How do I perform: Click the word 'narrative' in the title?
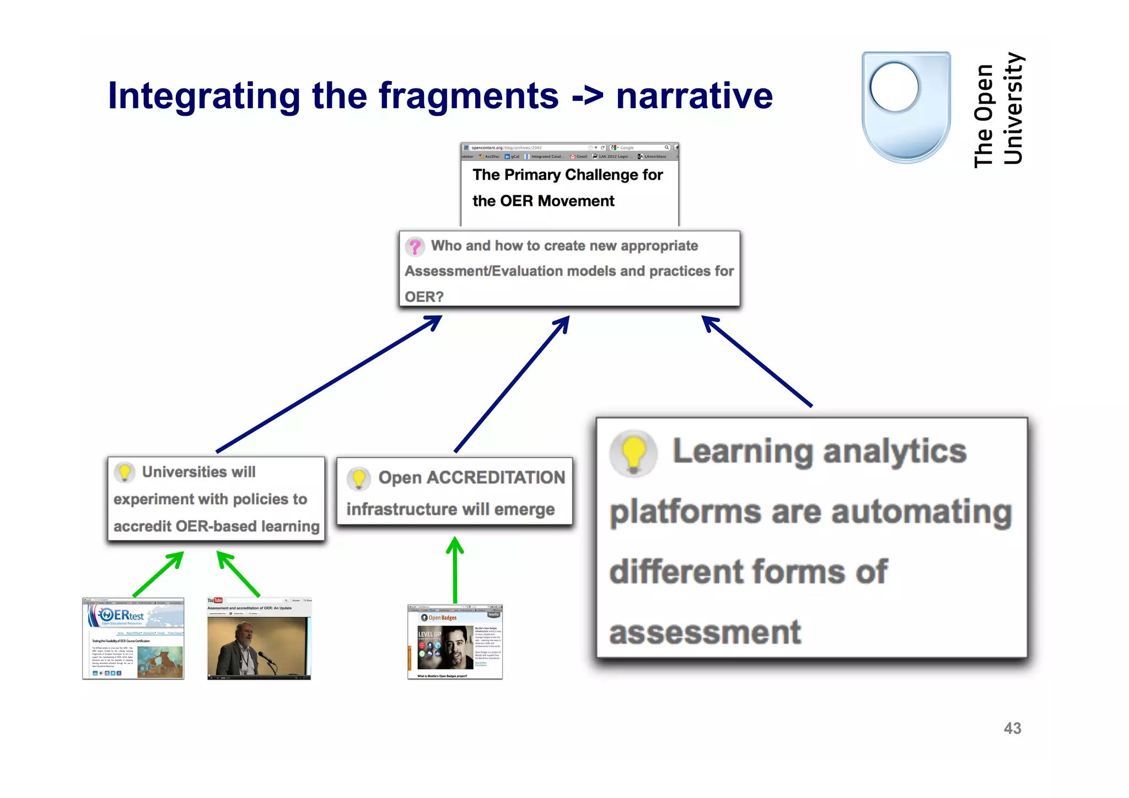point(694,96)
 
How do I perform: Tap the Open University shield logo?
point(906,107)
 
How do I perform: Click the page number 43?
point(1012,729)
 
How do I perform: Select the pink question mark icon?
point(415,247)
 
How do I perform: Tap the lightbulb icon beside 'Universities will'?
point(125,473)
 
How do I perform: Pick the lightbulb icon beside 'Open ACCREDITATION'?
point(359,478)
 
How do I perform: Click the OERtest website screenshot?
point(133,638)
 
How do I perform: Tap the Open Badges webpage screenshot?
point(455,642)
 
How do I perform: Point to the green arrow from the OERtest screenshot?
point(158,574)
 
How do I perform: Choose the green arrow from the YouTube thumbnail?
point(238,574)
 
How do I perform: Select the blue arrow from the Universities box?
point(329,384)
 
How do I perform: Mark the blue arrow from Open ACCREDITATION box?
point(512,384)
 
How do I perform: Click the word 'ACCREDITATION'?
point(496,478)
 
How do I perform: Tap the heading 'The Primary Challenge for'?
point(567,175)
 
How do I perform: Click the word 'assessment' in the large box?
point(705,633)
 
